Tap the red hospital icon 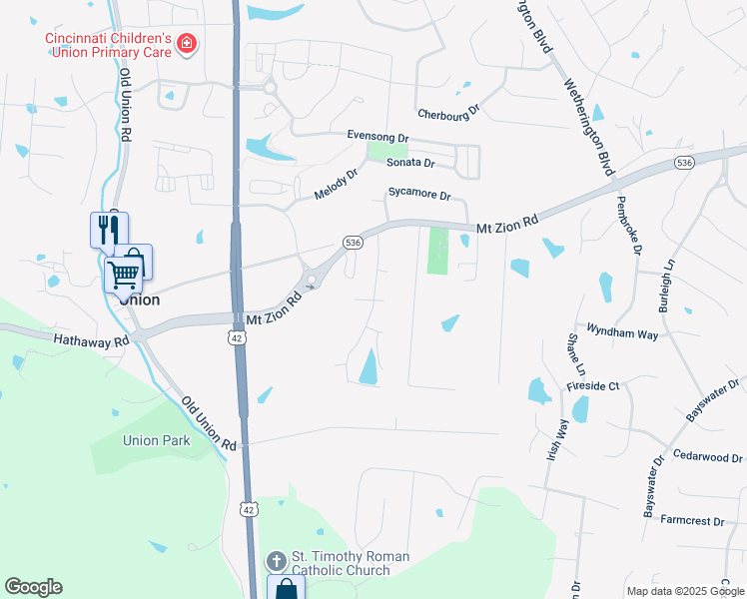pos(188,43)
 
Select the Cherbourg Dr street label pos(449,113)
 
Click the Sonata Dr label pos(410,163)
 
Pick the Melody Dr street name pos(336,183)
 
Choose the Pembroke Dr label pos(627,225)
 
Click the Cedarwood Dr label pos(708,455)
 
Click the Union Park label pos(156,439)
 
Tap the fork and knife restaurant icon pos(109,231)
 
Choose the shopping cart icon pos(124,273)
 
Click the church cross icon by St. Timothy pos(276,559)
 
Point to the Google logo pos(33,587)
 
